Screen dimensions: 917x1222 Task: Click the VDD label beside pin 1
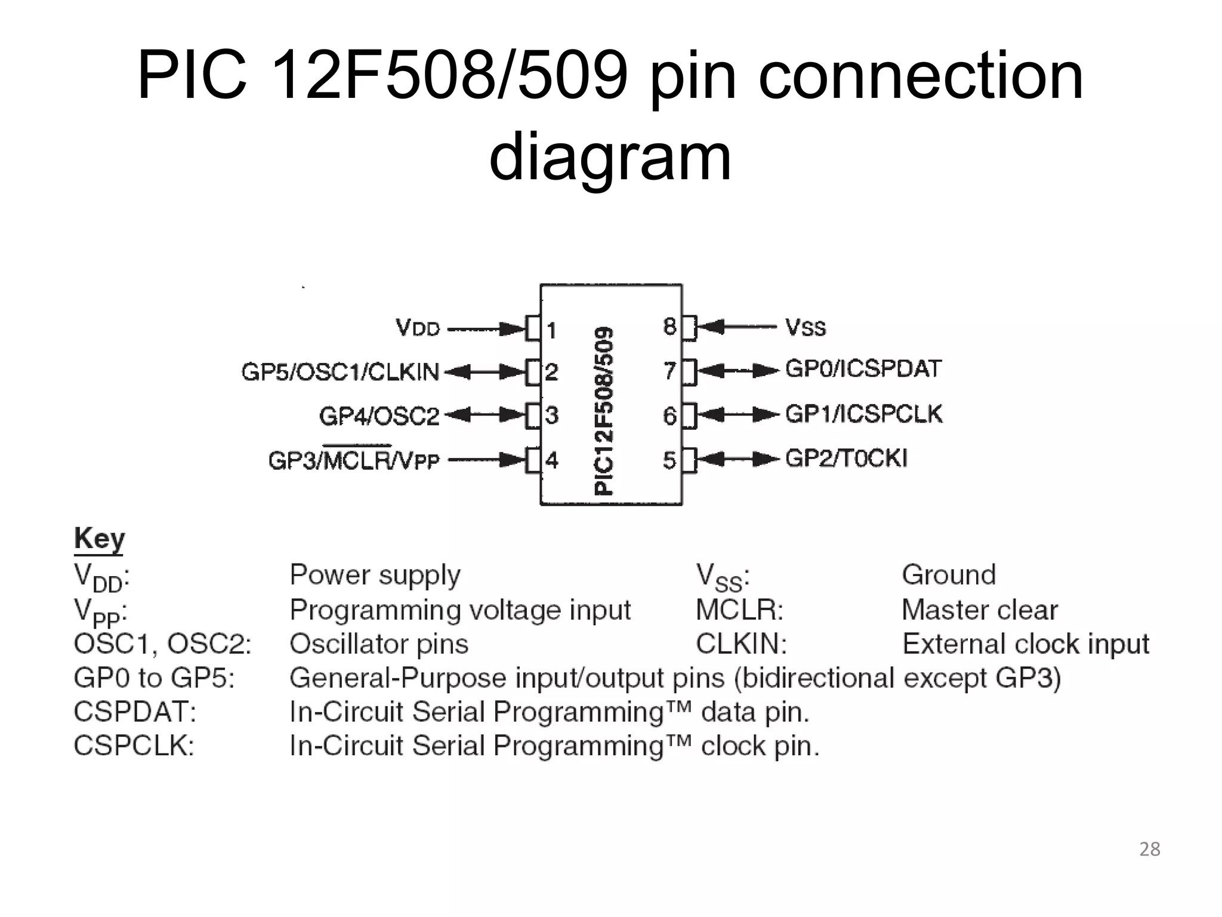coord(418,328)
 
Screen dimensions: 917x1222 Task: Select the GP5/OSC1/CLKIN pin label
coord(340,372)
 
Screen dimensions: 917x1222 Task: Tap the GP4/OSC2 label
coord(379,416)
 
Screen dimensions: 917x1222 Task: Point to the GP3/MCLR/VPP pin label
coord(354,460)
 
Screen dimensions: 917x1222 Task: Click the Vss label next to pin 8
coord(806,327)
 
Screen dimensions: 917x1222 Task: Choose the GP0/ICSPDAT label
coord(863,369)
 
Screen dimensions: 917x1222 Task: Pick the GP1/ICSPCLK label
coord(863,414)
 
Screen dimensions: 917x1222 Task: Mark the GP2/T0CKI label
coord(846,458)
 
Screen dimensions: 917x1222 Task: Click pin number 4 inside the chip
coord(551,460)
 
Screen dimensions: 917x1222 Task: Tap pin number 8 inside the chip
coord(669,327)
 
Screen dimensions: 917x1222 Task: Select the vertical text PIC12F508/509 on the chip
coord(604,410)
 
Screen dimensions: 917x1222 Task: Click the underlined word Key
coord(99,539)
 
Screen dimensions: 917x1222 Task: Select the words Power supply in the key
coord(375,575)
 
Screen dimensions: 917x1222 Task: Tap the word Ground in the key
coord(949,575)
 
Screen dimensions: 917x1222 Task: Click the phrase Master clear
coord(979,610)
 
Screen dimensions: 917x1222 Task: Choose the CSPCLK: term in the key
coord(134,746)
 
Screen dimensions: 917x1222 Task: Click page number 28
coord(1149,849)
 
